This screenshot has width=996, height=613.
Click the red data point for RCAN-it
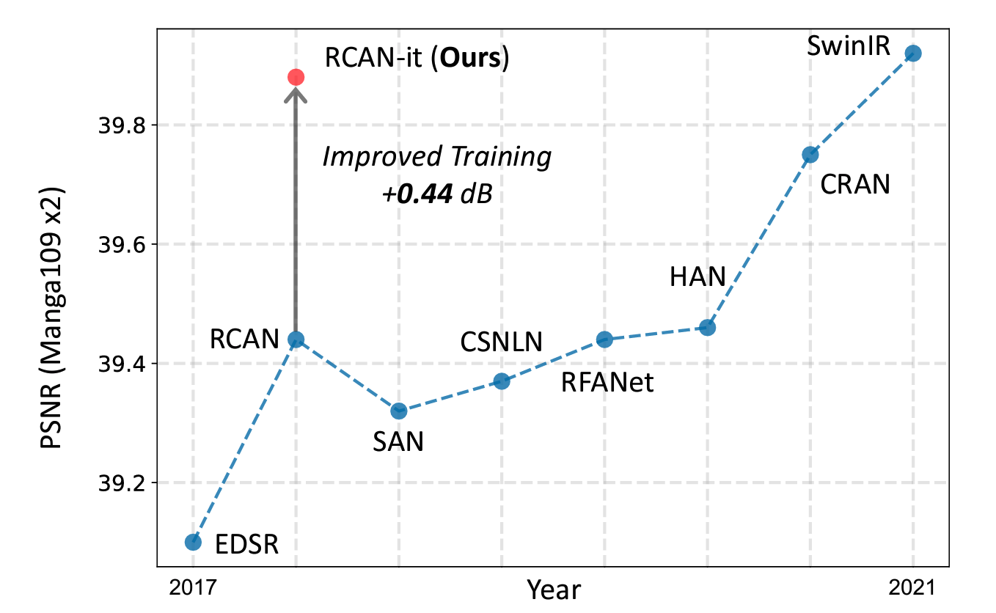(296, 77)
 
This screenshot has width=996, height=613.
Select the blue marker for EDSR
(193, 542)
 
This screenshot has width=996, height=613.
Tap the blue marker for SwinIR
(913, 53)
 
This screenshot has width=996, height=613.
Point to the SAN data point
(398, 411)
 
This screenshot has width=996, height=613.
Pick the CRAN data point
(810, 154)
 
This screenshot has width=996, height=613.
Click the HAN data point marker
(707, 327)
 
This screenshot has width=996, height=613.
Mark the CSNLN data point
(502, 381)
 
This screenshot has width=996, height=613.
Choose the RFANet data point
(604, 339)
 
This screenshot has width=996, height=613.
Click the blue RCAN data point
(296, 339)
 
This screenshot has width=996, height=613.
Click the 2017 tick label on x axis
(193, 587)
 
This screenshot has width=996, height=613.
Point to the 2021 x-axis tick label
(913, 587)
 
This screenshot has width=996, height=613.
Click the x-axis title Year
(554, 590)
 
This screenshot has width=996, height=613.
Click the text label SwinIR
(849, 46)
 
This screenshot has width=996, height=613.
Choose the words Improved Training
(436, 157)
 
